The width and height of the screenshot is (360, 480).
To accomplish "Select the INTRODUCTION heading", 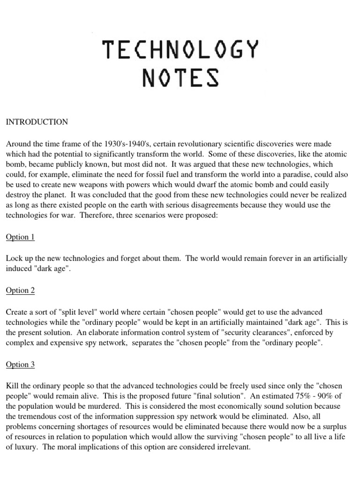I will coord(37,122).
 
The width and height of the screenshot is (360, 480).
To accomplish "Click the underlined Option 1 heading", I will coord(20,237).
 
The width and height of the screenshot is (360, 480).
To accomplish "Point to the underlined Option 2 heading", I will coord(20,290).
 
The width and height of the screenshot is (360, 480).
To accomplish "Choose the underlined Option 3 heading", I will coord(20,364).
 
